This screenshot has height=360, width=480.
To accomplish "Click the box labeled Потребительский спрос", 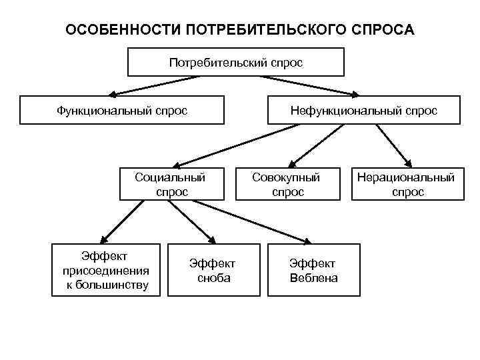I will (x=236, y=63).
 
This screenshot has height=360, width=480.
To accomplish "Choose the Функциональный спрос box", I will (x=122, y=110).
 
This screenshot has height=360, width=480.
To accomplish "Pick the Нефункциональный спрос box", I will (x=363, y=110).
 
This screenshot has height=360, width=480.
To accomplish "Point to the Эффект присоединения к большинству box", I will (x=106, y=271).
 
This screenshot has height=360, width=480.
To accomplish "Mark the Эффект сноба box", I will (x=213, y=271).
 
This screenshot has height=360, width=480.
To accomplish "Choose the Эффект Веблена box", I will (x=313, y=271).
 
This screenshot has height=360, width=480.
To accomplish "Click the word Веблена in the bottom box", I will (x=313, y=278).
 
